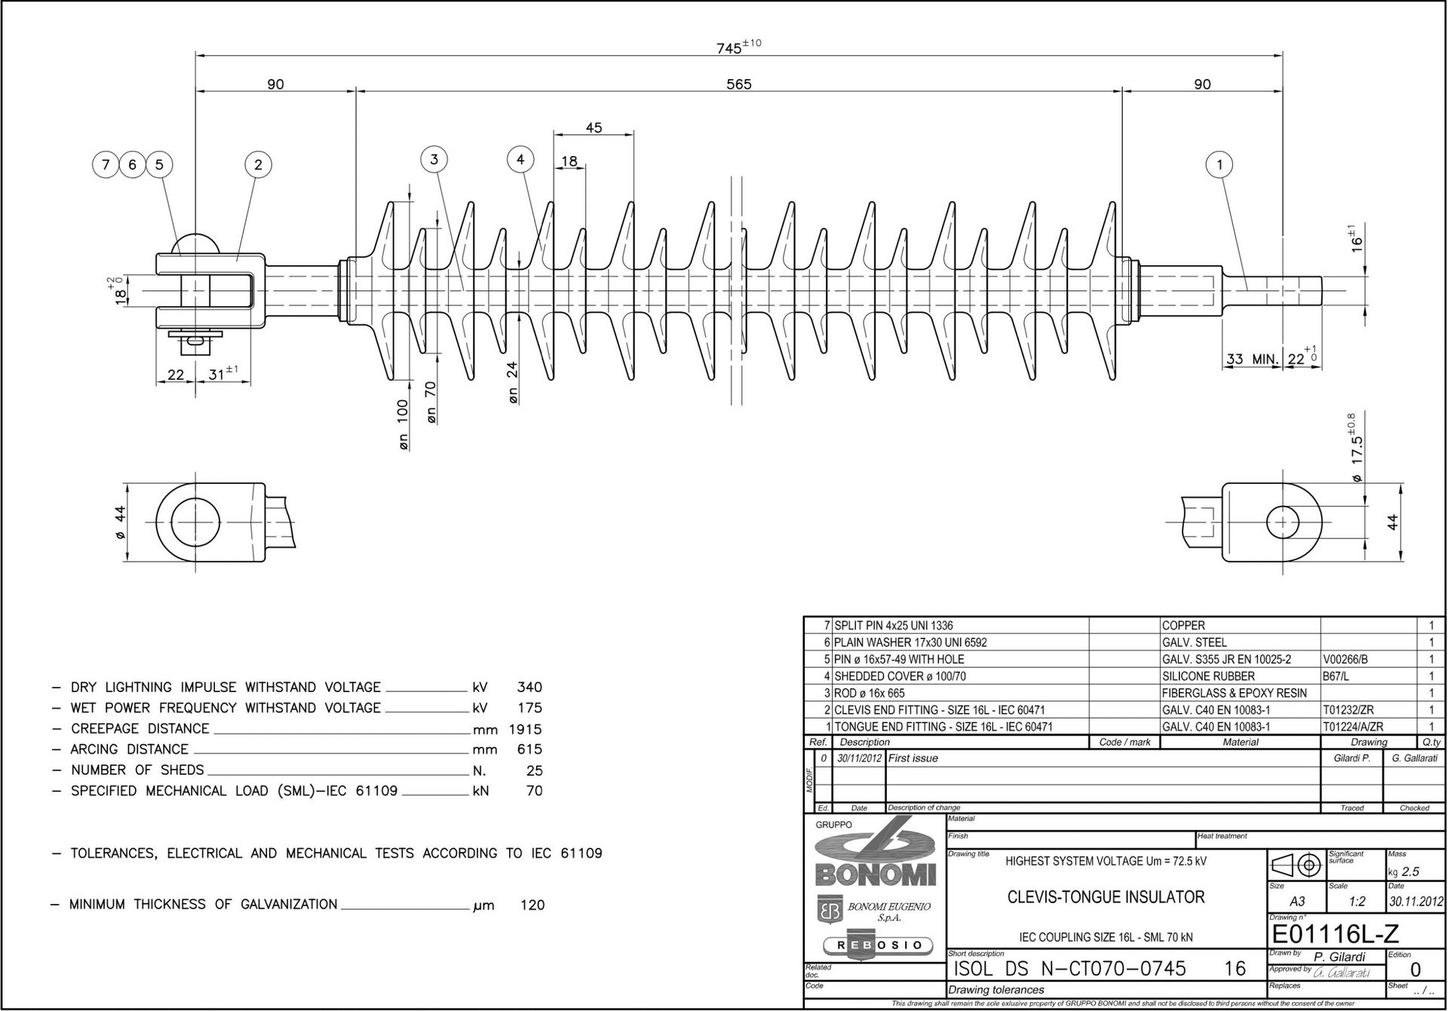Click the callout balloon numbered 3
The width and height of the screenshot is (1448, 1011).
click(434, 160)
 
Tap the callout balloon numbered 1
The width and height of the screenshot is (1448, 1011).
click(1219, 164)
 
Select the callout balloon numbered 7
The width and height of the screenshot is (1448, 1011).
click(106, 164)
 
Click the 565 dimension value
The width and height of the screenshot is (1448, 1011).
click(739, 84)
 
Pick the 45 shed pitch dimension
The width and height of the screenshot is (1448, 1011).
click(594, 128)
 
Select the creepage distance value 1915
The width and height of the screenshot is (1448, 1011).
click(526, 729)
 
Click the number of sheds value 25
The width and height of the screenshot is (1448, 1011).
click(533, 771)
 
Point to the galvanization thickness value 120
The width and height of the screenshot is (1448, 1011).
click(532, 905)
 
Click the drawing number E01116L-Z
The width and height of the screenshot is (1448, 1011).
click(1335, 935)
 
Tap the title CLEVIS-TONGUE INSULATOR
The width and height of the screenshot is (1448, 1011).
click(1106, 897)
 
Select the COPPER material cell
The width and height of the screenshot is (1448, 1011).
click(1184, 626)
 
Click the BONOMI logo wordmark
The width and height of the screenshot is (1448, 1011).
click(876, 875)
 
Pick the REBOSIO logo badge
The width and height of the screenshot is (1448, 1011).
click(876, 945)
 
